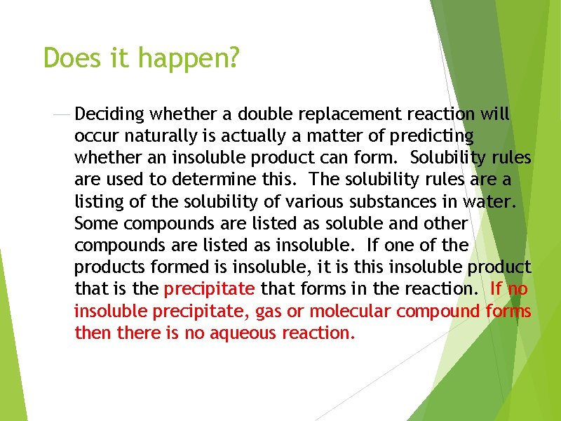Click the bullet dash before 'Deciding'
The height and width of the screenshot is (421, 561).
[x=62, y=114]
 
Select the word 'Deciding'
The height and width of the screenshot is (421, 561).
[x=109, y=114]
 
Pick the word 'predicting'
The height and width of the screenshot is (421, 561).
[x=432, y=136]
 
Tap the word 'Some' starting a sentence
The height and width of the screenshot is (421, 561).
[x=94, y=224]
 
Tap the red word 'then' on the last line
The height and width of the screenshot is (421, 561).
[x=93, y=333]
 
